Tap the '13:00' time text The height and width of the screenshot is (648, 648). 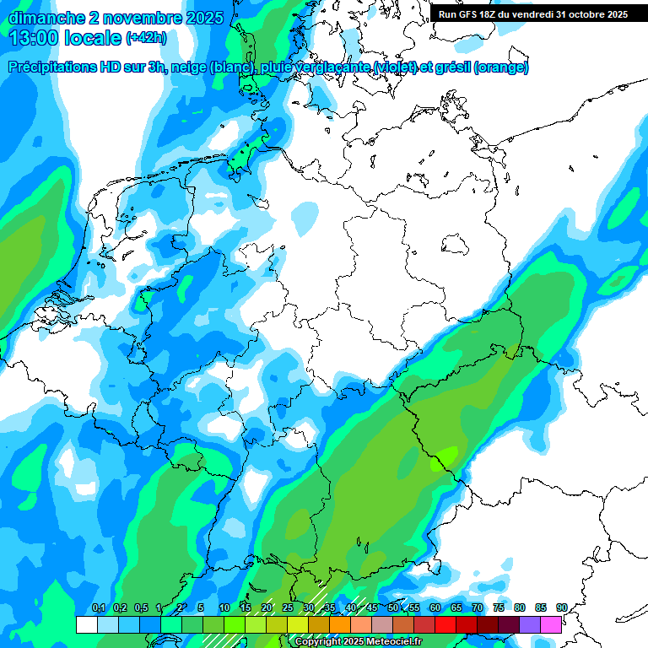tap(35, 37)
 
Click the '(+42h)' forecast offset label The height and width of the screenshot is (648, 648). tap(146, 38)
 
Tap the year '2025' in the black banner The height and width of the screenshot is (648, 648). tap(613, 14)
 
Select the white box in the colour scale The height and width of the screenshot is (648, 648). tap(86, 624)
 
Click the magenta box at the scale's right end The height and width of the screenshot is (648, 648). tap(551, 624)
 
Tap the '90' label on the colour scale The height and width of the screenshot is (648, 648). tap(561, 608)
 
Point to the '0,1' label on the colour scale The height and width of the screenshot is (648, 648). tap(98, 608)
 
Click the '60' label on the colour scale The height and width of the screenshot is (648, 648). tap(435, 608)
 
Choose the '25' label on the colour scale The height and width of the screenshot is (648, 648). tap(288, 608)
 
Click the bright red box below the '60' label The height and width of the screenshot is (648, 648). tap(445, 624)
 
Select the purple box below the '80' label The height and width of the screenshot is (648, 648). tap(530, 624)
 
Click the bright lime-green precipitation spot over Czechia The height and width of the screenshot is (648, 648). tap(442, 461)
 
